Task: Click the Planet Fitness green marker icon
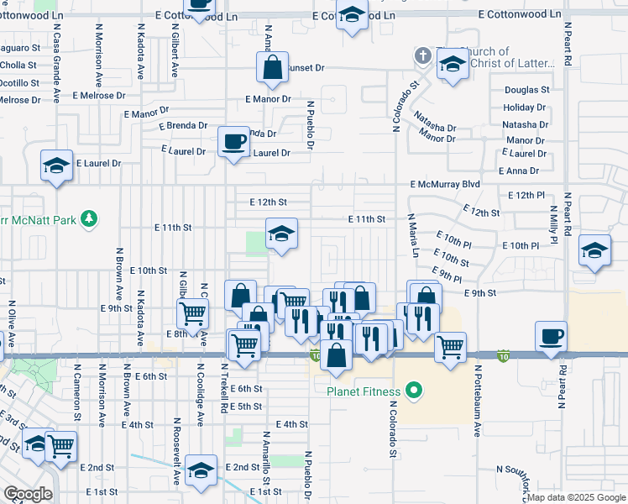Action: [412, 390]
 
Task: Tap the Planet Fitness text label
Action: [366, 390]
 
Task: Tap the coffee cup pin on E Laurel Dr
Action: [233, 140]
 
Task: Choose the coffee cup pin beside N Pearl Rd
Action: [551, 336]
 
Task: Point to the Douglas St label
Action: [526, 90]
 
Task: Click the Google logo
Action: [28, 494]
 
